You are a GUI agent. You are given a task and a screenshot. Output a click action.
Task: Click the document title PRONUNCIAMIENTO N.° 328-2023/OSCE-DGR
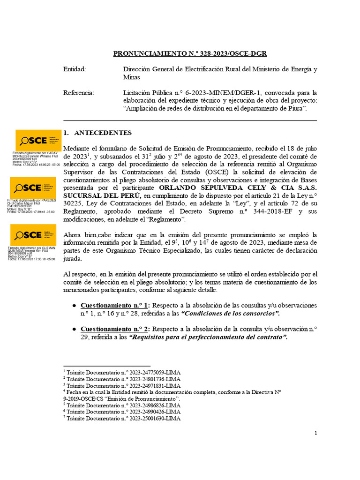pos(190,53)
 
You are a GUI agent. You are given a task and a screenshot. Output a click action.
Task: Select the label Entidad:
pos(75,69)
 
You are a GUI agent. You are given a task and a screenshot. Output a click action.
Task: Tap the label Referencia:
pos(78,93)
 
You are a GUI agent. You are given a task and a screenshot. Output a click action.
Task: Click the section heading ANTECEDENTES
pos(103,133)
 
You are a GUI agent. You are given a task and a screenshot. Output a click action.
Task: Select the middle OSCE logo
pos(32,187)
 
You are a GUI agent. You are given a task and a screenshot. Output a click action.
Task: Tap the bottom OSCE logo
pos(32,235)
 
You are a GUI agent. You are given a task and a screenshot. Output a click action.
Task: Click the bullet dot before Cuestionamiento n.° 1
pos(74,305)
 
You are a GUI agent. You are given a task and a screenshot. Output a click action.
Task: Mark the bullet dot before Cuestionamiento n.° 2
pos(74,329)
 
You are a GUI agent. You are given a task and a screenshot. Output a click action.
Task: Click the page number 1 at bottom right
pos(315,433)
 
